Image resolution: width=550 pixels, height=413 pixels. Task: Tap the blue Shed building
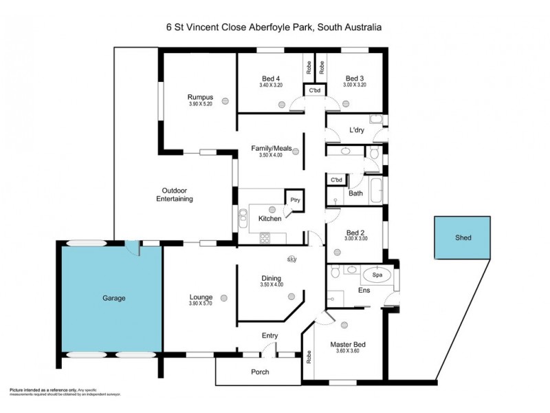(x=463, y=237)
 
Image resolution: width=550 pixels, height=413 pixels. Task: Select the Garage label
(x=113, y=298)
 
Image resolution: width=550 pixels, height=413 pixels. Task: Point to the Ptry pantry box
(x=294, y=200)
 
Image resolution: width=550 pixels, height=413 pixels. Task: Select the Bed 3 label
(x=355, y=78)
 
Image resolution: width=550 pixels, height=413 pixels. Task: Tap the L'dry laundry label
(x=356, y=130)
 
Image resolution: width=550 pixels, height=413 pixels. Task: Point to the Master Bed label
(x=346, y=345)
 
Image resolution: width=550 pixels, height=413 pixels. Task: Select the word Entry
(x=270, y=335)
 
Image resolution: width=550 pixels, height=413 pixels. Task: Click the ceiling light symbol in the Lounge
(x=224, y=297)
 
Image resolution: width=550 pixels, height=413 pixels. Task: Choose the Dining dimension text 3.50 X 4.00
(x=270, y=284)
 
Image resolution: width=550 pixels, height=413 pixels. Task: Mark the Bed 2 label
(x=355, y=231)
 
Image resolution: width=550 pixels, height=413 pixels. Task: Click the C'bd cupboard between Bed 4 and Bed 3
(x=315, y=91)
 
